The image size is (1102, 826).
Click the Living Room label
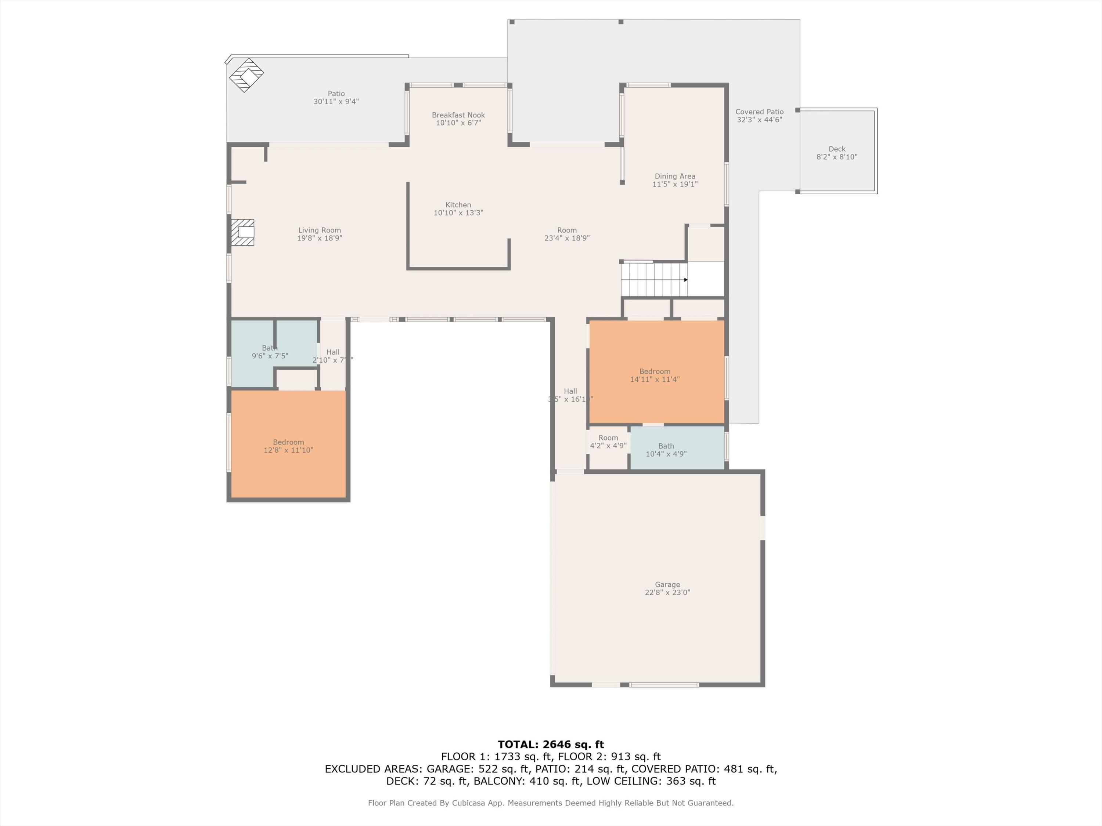tap(319, 230)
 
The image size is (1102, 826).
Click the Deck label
tap(836, 149)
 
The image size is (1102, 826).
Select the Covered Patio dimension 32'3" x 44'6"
tap(759, 119)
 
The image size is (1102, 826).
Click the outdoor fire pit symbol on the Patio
tap(246, 75)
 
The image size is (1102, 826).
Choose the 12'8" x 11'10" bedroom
tap(288, 446)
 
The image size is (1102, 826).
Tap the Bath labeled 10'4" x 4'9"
tap(666, 450)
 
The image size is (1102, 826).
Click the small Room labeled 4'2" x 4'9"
tap(608, 442)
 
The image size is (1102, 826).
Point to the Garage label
tap(667, 584)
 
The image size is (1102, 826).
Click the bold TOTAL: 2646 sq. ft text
tap(551, 745)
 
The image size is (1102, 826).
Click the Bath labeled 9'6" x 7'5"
tap(270, 352)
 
